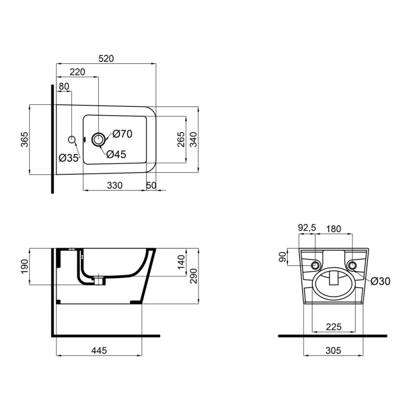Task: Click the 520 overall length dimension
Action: [105, 59]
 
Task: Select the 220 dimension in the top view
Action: [77, 72]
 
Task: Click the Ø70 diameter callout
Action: [122, 134]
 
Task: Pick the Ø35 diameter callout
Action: [68, 158]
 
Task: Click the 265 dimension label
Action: [180, 139]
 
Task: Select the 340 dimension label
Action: [193, 139]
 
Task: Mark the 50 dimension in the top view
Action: [151, 185]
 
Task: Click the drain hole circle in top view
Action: [98, 138]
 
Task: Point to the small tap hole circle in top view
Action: [72, 139]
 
